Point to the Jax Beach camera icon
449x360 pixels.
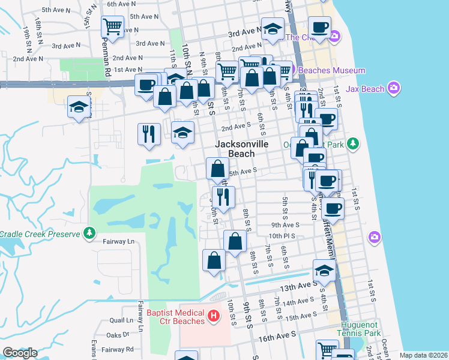[394, 89]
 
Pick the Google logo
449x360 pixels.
[20, 352]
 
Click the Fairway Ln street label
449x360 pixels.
[119, 241]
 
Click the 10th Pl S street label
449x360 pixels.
[283, 236]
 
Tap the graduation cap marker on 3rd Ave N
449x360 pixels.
[273, 29]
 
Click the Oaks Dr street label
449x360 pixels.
[118, 335]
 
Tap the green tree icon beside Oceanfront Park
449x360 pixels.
[354, 143]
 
